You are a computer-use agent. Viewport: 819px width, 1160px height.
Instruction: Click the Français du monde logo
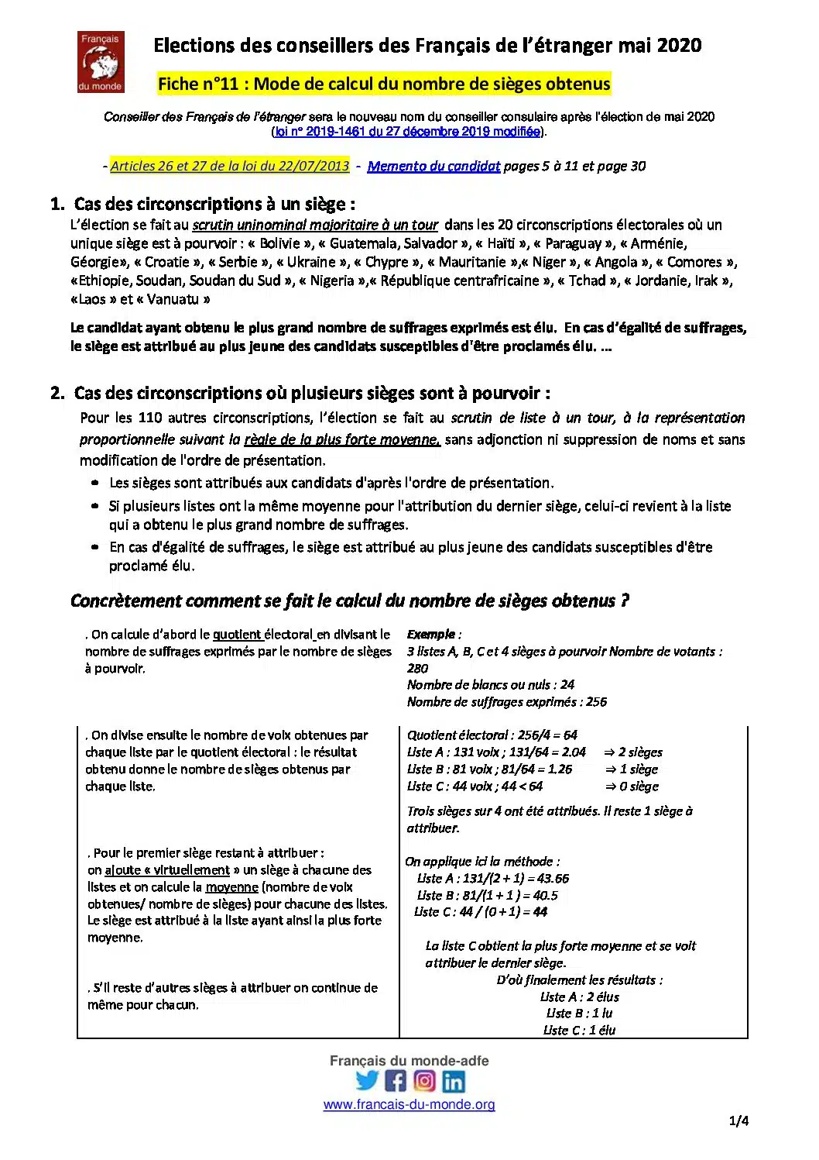tap(101, 62)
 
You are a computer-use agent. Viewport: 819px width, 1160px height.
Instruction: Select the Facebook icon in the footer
tap(396, 1080)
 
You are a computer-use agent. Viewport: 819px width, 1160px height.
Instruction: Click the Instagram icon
tap(424, 1080)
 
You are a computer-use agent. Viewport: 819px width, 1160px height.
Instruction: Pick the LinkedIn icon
tap(454, 1080)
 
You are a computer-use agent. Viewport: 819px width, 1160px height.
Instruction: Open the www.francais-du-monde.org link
tap(409, 1104)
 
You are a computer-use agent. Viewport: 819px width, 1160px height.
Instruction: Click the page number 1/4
tap(738, 1120)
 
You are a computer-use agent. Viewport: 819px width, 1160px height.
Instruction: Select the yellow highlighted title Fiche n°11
tap(384, 84)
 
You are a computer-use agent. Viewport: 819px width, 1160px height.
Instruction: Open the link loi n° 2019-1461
tap(408, 132)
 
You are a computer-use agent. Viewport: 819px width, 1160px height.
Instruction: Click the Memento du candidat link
tap(433, 166)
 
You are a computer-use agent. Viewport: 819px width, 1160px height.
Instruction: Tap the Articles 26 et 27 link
tap(230, 166)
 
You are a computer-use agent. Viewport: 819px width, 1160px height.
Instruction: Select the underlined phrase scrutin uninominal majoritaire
tap(315, 225)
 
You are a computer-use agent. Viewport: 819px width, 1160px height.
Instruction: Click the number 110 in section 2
tap(149, 418)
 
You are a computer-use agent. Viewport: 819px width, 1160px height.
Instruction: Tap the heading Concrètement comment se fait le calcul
tap(349, 601)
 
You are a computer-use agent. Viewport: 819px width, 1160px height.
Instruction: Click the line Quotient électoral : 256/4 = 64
tap(492, 735)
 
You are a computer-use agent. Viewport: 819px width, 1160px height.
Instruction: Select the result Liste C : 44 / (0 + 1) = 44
tap(481, 912)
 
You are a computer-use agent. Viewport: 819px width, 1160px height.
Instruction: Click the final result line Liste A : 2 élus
tap(580, 996)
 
